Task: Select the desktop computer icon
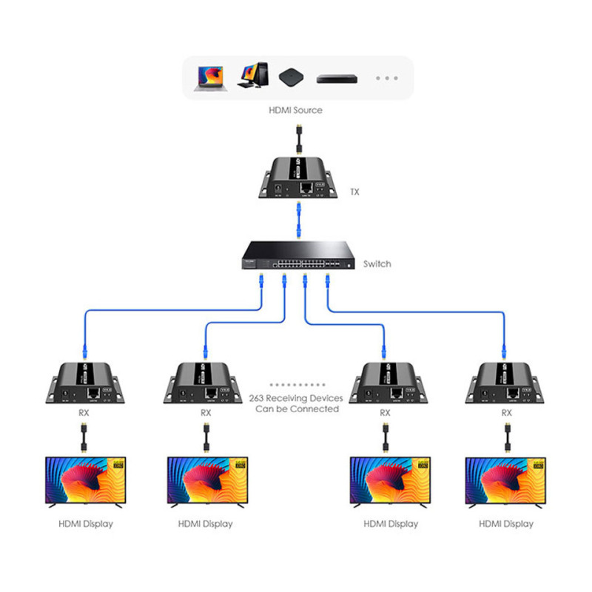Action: pyautogui.click(x=252, y=76)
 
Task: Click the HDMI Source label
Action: pyautogui.click(x=296, y=110)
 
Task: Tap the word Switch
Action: pyautogui.click(x=376, y=263)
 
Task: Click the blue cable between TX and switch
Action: pyautogui.click(x=296, y=221)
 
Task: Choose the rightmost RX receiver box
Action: pyautogui.click(x=507, y=385)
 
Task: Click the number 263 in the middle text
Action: pyautogui.click(x=259, y=397)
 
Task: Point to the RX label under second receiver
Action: pyautogui.click(x=205, y=413)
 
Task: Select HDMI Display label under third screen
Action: pyautogui.click(x=390, y=524)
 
